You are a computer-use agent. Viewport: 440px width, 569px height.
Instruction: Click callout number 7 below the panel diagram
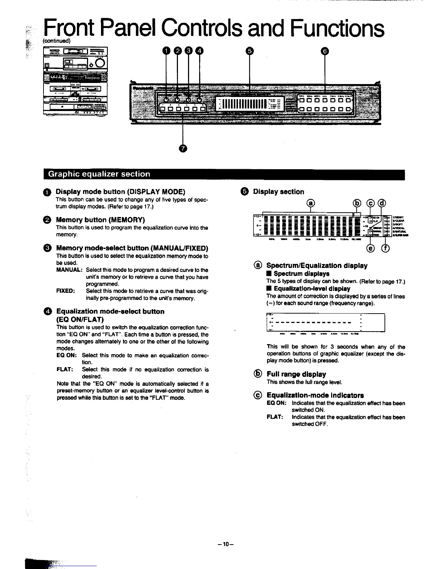click(x=183, y=148)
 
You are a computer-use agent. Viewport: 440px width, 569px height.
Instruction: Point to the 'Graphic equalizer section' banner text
click(x=99, y=174)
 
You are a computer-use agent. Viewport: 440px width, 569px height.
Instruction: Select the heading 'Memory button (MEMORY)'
click(x=100, y=220)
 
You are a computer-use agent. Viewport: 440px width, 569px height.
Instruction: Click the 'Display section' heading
click(x=279, y=192)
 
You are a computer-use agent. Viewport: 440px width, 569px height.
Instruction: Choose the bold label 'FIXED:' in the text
click(x=65, y=291)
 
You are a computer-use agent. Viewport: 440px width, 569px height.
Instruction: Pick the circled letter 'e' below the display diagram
click(x=370, y=249)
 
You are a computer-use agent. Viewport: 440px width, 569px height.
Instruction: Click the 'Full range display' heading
click(x=296, y=374)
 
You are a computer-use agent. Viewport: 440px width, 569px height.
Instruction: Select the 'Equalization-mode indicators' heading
click(x=315, y=395)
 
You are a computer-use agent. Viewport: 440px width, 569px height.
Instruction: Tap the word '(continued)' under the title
click(x=57, y=41)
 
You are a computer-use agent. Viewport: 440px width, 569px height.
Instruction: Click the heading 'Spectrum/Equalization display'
click(x=317, y=266)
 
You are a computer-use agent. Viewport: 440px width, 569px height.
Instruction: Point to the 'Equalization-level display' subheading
click(x=312, y=289)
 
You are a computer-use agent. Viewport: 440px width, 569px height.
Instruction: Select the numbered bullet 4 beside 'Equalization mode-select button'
click(x=49, y=311)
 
